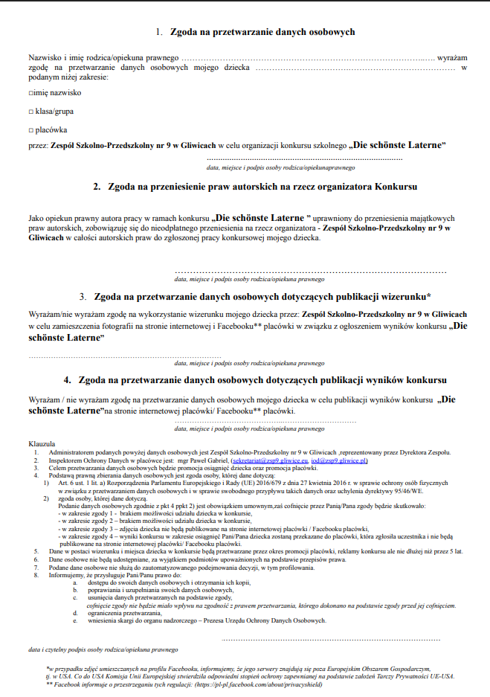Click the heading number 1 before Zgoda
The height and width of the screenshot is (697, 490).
158,32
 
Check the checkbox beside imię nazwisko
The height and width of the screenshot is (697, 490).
31,93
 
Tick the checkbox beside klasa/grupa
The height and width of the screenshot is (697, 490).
31,111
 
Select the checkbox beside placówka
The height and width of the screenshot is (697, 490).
31,129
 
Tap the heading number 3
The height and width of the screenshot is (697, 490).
83,296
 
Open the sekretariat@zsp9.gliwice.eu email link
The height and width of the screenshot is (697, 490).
271,460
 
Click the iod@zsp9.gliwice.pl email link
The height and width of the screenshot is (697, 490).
339,460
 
